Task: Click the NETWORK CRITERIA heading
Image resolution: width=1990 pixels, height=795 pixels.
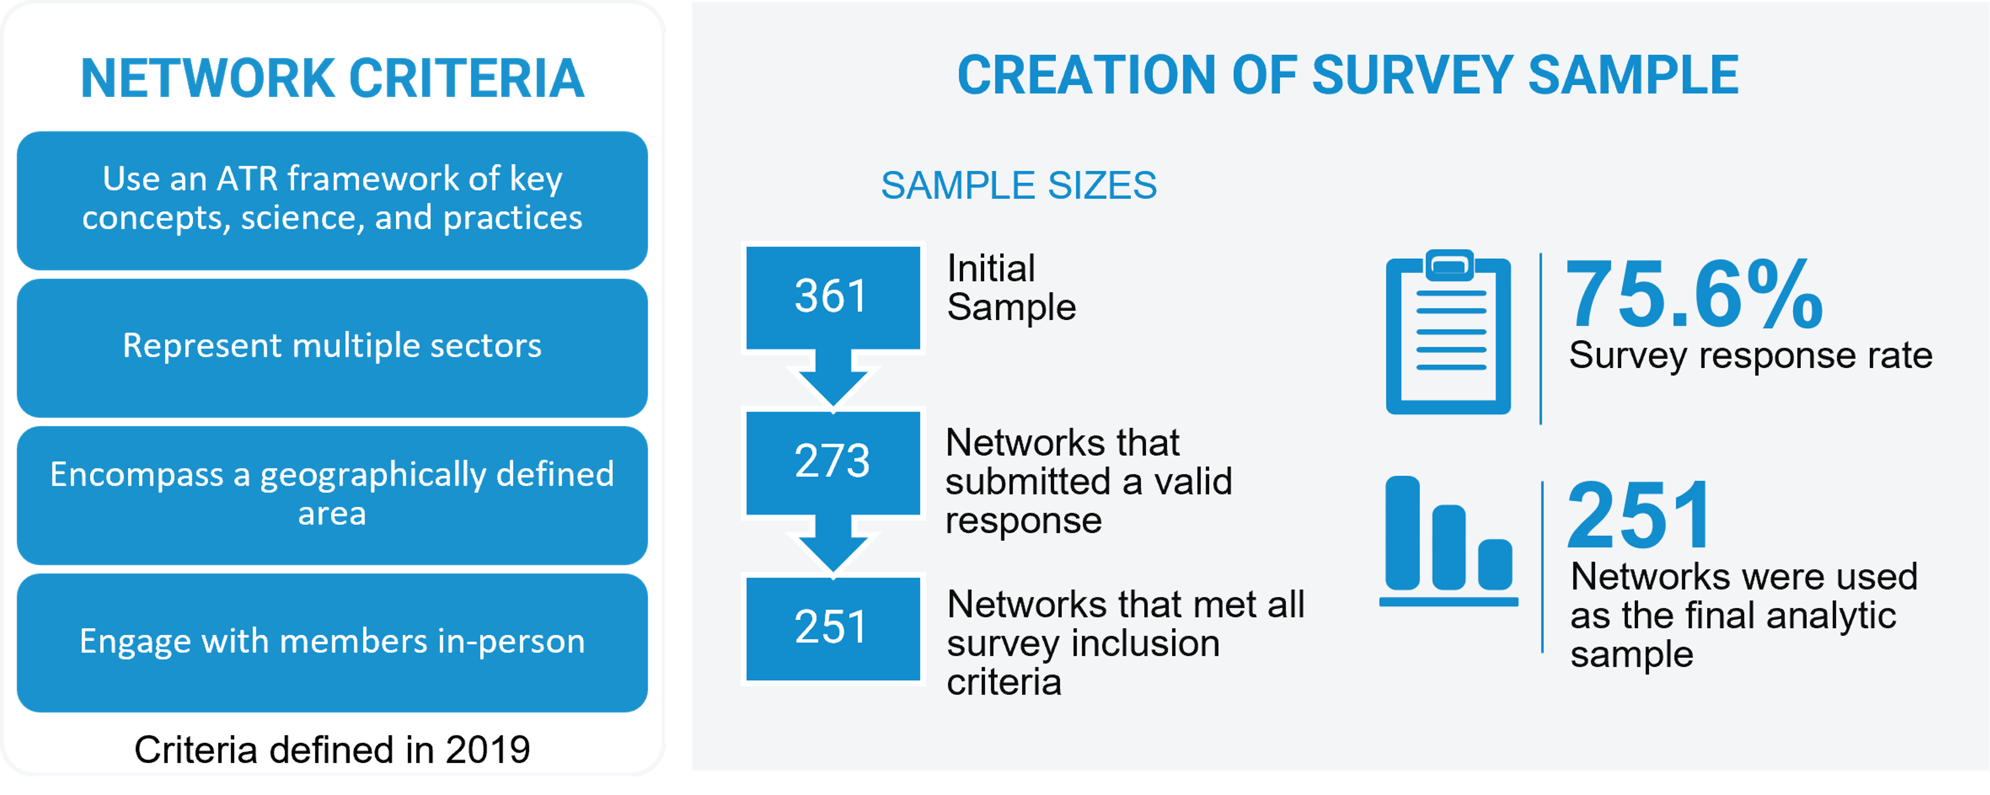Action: click(332, 79)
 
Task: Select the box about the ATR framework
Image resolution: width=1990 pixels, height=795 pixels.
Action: click(332, 200)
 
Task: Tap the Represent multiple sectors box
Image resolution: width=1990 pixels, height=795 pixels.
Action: click(332, 348)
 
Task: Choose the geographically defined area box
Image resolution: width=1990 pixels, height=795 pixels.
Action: click(332, 495)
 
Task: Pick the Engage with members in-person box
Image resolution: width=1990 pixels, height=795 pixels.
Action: click(332, 643)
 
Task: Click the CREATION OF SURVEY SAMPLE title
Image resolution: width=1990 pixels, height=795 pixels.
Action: click(1348, 75)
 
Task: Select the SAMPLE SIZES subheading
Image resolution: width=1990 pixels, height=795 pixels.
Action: click(1019, 186)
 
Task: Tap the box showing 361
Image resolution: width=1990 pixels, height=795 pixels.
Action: click(833, 298)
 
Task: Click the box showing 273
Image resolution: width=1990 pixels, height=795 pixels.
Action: click(833, 463)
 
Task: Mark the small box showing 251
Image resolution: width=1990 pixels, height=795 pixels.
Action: click(833, 629)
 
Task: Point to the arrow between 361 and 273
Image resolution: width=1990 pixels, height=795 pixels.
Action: click(833, 378)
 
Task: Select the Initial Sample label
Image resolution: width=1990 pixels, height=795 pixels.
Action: click(1011, 287)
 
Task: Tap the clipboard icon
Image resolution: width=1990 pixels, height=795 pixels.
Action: click(1449, 332)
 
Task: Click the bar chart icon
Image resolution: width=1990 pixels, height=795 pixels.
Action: click(1449, 541)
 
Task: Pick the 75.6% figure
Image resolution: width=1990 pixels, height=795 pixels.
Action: click(1694, 294)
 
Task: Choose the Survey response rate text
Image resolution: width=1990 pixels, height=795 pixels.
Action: click(1750, 356)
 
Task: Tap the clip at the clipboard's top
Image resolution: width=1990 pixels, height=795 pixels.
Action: click(1449, 265)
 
